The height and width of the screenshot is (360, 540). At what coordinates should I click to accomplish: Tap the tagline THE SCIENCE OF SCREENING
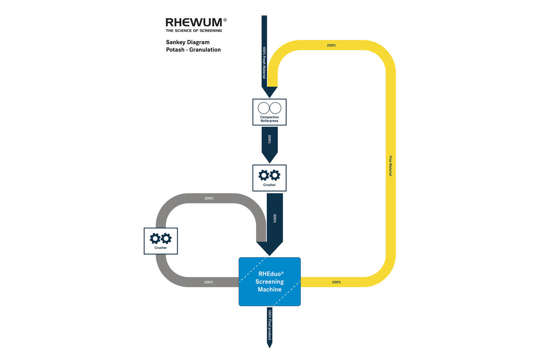(194, 31)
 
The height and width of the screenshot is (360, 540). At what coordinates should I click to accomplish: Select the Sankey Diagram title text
(188, 42)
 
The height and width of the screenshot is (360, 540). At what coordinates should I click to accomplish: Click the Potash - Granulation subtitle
(193, 50)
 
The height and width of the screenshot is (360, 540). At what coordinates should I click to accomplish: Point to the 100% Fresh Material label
(264, 62)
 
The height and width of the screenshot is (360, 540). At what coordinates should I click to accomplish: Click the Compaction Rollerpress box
(270, 112)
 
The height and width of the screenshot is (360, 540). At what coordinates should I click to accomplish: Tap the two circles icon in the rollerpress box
(270, 108)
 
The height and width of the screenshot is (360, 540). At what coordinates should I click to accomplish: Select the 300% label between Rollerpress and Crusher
(270, 139)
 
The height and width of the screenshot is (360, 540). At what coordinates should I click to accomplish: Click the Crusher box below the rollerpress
(270, 178)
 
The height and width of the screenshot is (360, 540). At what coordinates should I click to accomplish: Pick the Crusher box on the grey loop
(161, 241)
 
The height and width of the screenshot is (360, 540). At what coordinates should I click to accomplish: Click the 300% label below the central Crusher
(274, 218)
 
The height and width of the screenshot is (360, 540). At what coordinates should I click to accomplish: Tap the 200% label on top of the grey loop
(209, 198)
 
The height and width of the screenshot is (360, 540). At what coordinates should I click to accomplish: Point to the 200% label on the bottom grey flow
(208, 282)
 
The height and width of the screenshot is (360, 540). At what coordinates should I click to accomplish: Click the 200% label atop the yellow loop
(331, 45)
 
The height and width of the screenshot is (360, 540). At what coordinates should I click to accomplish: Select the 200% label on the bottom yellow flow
(336, 282)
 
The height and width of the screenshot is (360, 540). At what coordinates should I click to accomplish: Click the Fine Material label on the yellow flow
(390, 166)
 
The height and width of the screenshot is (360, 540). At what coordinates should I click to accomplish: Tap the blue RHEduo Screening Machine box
(270, 282)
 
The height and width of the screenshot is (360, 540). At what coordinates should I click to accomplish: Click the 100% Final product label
(270, 325)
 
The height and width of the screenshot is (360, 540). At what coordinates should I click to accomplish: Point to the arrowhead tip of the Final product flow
(270, 348)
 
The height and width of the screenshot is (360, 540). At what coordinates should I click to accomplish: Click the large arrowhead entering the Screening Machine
(270, 248)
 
